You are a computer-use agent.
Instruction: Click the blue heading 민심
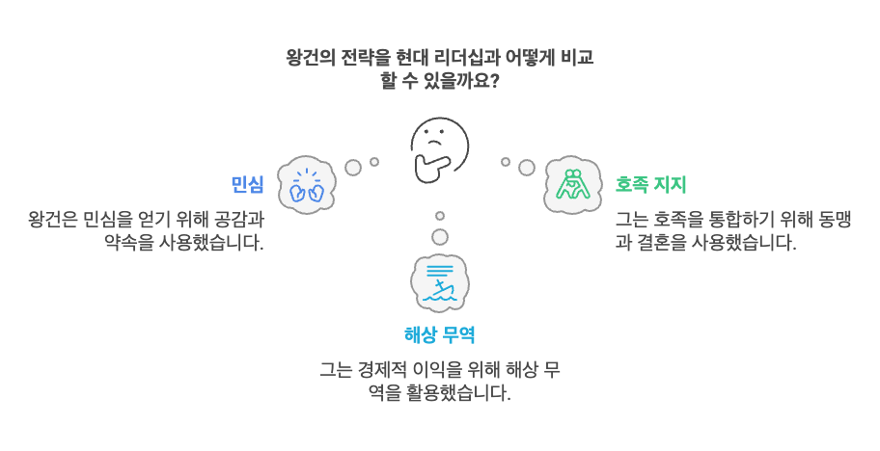click(x=247, y=185)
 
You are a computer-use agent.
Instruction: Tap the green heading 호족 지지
click(x=650, y=184)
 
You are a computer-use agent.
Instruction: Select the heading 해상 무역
click(x=439, y=334)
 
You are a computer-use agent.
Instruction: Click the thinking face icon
click(x=439, y=149)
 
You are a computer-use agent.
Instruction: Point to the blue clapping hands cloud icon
click(x=306, y=185)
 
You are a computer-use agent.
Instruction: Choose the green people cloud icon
click(x=572, y=183)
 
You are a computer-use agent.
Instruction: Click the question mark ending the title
click(x=494, y=80)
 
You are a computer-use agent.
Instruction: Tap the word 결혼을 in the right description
click(x=661, y=242)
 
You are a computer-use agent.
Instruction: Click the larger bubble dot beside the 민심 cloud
click(x=353, y=168)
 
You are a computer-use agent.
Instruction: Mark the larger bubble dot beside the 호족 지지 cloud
click(x=526, y=168)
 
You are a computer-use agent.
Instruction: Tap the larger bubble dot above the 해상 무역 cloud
click(x=440, y=237)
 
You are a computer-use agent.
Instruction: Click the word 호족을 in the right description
click(x=676, y=219)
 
